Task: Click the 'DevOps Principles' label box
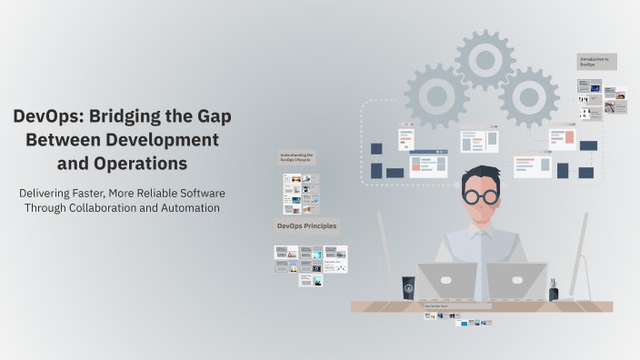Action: [x=306, y=225]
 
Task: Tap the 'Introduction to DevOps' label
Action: [x=596, y=62]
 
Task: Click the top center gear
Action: [x=485, y=59]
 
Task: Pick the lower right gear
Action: [x=528, y=96]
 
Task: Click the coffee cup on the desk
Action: [x=409, y=288]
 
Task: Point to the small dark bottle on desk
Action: [x=553, y=291]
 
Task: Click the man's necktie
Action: [x=479, y=259]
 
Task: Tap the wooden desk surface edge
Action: [x=482, y=306]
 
